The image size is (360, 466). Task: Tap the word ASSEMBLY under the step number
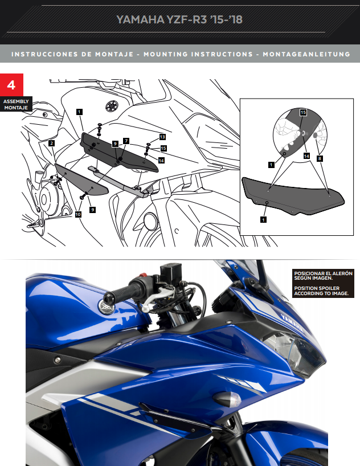[x=16, y=101]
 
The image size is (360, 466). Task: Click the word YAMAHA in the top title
[x=137, y=19]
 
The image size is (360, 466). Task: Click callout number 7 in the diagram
[x=126, y=140]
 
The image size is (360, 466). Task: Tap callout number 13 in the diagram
[x=162, y=137]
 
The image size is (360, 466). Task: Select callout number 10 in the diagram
[x=78, y=214]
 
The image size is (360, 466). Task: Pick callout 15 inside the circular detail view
[x=303, y=113]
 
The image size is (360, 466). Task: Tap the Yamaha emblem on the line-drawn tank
[x=111, y=106]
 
